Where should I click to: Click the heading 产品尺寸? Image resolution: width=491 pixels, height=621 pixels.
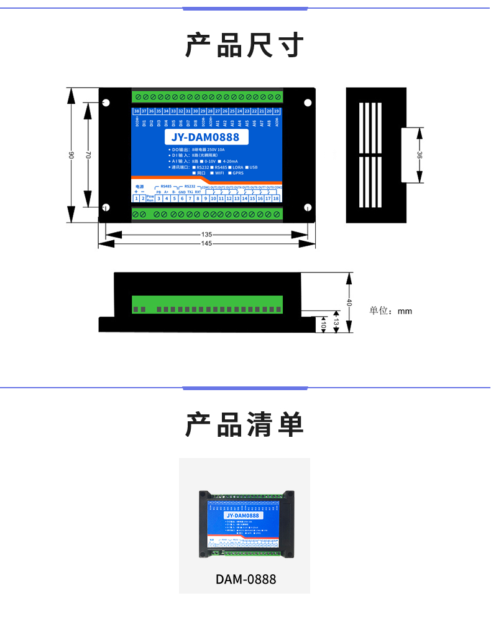coord(245,46)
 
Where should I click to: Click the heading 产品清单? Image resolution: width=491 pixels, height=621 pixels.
coord(245,425)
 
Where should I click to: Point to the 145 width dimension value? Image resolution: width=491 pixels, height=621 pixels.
coord(207,244)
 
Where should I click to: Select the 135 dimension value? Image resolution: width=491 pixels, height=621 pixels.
coord(207,235)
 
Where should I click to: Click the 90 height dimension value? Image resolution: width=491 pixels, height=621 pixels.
coord(71,155)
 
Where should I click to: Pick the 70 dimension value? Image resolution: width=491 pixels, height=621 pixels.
coord(88,154)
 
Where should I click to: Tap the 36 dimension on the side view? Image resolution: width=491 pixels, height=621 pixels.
coord(420,156)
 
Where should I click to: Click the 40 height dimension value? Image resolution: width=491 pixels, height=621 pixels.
coord(350,302)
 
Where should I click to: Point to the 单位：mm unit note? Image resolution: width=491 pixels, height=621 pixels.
coord(391,311)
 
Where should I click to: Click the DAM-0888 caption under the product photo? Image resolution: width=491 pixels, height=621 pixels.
coord(245,579)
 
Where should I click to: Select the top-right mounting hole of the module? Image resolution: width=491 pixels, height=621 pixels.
coord(307,102)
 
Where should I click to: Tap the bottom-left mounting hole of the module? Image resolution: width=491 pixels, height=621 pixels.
coord(106,207)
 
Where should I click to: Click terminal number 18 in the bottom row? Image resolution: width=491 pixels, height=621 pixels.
coord(275,198)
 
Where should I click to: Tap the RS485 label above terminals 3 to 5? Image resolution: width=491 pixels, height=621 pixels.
coord(166,186)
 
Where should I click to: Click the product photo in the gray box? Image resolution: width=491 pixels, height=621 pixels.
coord(244,523)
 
